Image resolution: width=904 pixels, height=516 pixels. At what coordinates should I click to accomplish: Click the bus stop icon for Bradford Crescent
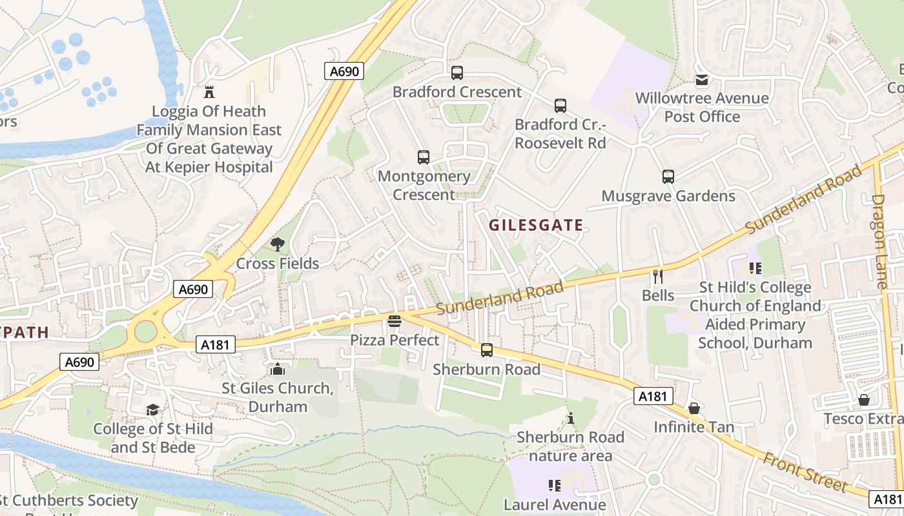pos(457,73)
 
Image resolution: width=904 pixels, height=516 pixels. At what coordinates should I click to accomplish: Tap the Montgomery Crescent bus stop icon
pos(424,157)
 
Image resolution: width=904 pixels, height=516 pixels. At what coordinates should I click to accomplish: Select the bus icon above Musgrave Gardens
pos(668,176)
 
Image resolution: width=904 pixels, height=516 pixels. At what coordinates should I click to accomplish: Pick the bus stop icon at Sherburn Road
pos(487,350)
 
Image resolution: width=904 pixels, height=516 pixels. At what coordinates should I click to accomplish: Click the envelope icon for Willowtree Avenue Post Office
pos(702,80)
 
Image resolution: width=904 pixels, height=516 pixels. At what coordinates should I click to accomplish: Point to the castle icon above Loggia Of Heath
pos(209,92)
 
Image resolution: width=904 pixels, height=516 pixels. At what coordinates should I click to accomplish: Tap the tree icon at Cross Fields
pos(278,244)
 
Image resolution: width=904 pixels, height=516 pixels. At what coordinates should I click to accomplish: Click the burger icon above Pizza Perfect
pos(395,321)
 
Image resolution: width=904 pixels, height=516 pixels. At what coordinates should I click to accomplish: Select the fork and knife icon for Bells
pos(658,277)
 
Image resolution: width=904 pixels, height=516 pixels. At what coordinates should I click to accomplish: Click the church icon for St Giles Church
pos(278,369)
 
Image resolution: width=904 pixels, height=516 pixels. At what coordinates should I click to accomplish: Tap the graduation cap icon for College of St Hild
pos(152,410)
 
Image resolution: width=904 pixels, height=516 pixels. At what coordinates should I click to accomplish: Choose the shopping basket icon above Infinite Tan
pos(694,408)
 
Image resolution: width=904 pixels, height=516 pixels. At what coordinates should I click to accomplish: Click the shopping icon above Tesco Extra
pos(864,401)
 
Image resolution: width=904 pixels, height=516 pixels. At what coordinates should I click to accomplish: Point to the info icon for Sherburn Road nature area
pos(570,419)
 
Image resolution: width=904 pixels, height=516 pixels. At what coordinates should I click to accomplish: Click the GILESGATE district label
pos(536,225)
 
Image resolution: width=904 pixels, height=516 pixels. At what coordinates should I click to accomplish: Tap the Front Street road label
pos(805,471)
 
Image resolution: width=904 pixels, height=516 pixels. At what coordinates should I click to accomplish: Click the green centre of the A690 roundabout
pos(146,332)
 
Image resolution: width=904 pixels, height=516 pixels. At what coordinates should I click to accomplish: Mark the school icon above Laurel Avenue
pos(554,485)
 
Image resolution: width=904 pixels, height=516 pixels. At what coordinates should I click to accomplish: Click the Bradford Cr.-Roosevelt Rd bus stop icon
pos(560,105)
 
